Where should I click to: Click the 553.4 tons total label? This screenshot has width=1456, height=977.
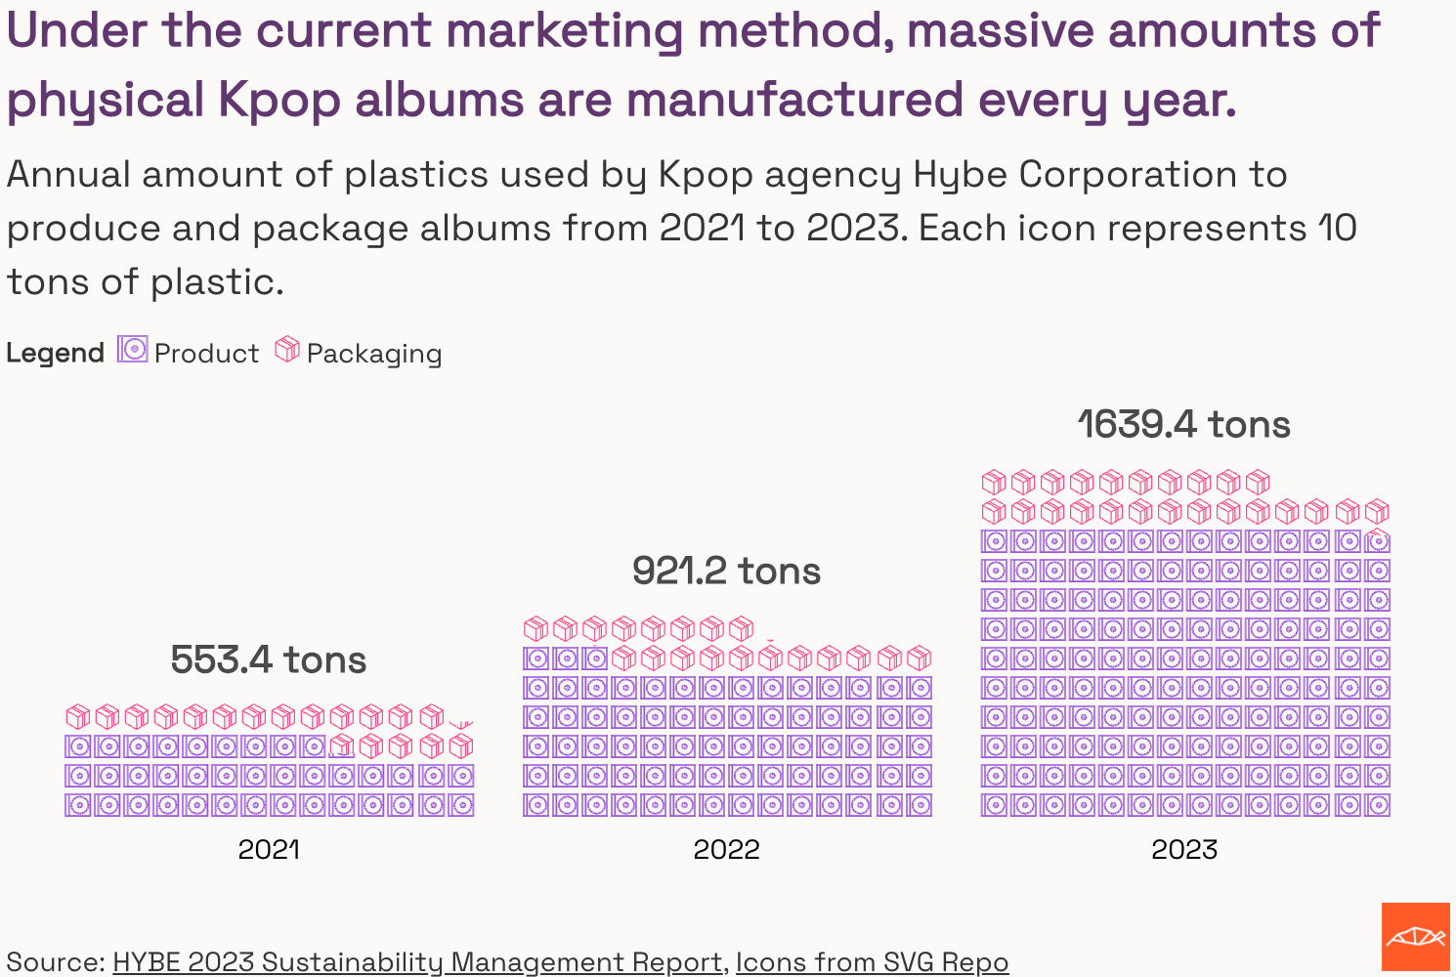268,660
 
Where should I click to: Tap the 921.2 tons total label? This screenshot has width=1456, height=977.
726,572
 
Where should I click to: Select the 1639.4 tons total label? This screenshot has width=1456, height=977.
1183,425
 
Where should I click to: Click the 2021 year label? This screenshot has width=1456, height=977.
269,849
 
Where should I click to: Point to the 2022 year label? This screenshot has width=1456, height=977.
726,849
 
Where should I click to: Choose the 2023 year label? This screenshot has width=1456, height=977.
1184,849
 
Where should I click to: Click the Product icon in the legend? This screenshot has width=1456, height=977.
132,349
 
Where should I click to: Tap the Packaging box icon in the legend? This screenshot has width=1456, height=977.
287,349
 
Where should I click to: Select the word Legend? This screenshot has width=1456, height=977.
55,353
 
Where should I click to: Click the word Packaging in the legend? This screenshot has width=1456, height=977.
374,354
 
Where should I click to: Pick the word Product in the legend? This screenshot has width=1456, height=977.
206,354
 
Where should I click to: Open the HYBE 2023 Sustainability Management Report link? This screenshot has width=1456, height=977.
418,962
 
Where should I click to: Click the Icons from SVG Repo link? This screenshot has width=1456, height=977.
872,962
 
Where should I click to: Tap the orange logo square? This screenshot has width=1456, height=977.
1415,937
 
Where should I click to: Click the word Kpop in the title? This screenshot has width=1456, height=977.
279,101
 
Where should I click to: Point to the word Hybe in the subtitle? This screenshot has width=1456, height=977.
960,176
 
